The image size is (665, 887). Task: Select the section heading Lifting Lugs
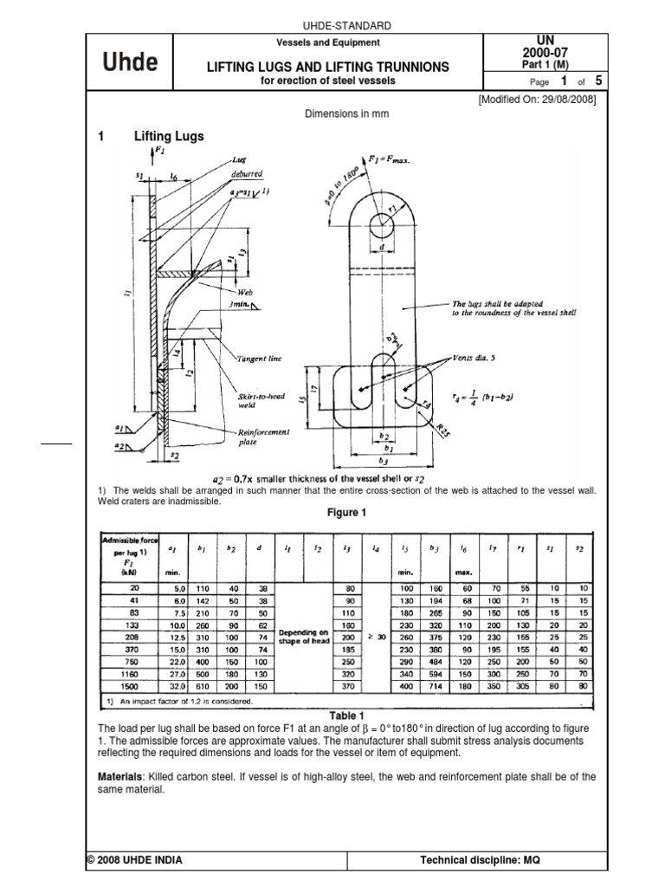169,136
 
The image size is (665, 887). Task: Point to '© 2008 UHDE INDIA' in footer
134,860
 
